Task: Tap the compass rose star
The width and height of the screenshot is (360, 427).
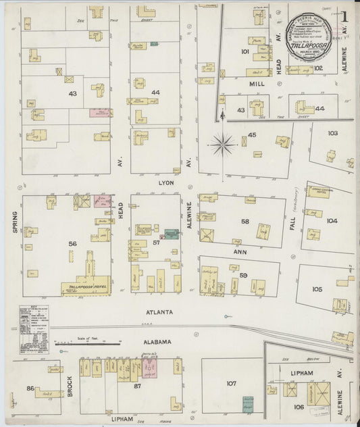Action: pyautogui.click(x=222, y=143)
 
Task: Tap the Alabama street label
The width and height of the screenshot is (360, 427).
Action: pyautogui.click(x=157, y=342)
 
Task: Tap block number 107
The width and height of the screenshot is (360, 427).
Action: pyautogui.click(x=232, y=383)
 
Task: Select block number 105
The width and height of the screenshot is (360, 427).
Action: pyautogui.click(x=317, y=288)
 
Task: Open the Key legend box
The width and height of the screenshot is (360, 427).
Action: pyautogui.click(x=34, y=329)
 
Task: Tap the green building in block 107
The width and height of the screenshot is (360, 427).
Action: pyautogui.click(x=249, y=403)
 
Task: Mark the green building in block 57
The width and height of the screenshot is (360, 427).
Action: pyautogui.click(x=172, y=234)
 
